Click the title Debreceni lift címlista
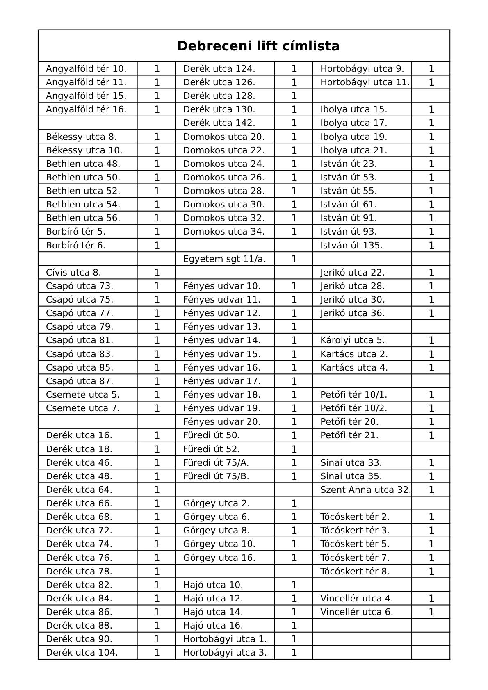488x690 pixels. point(258,46)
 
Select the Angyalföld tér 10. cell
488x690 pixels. point(86,68)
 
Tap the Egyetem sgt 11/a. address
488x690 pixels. point(224,259)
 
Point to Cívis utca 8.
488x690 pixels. point(73,272)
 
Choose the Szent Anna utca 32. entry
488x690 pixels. point(365,490)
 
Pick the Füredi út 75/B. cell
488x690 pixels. point(216,476)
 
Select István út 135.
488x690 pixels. point(351,245)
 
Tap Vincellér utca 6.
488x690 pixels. point(356,612)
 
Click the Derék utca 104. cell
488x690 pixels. point(82,652)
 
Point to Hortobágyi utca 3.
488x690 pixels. point(225,652)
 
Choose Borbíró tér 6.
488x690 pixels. point(76,245)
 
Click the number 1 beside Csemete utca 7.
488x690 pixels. point(157,408)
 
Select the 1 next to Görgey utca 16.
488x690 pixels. point(294,558)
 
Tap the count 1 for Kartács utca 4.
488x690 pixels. point(431,367)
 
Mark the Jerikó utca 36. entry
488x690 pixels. point(352,313)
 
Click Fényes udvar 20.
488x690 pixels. point(221,421)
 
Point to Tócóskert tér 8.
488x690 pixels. point(355,571)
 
